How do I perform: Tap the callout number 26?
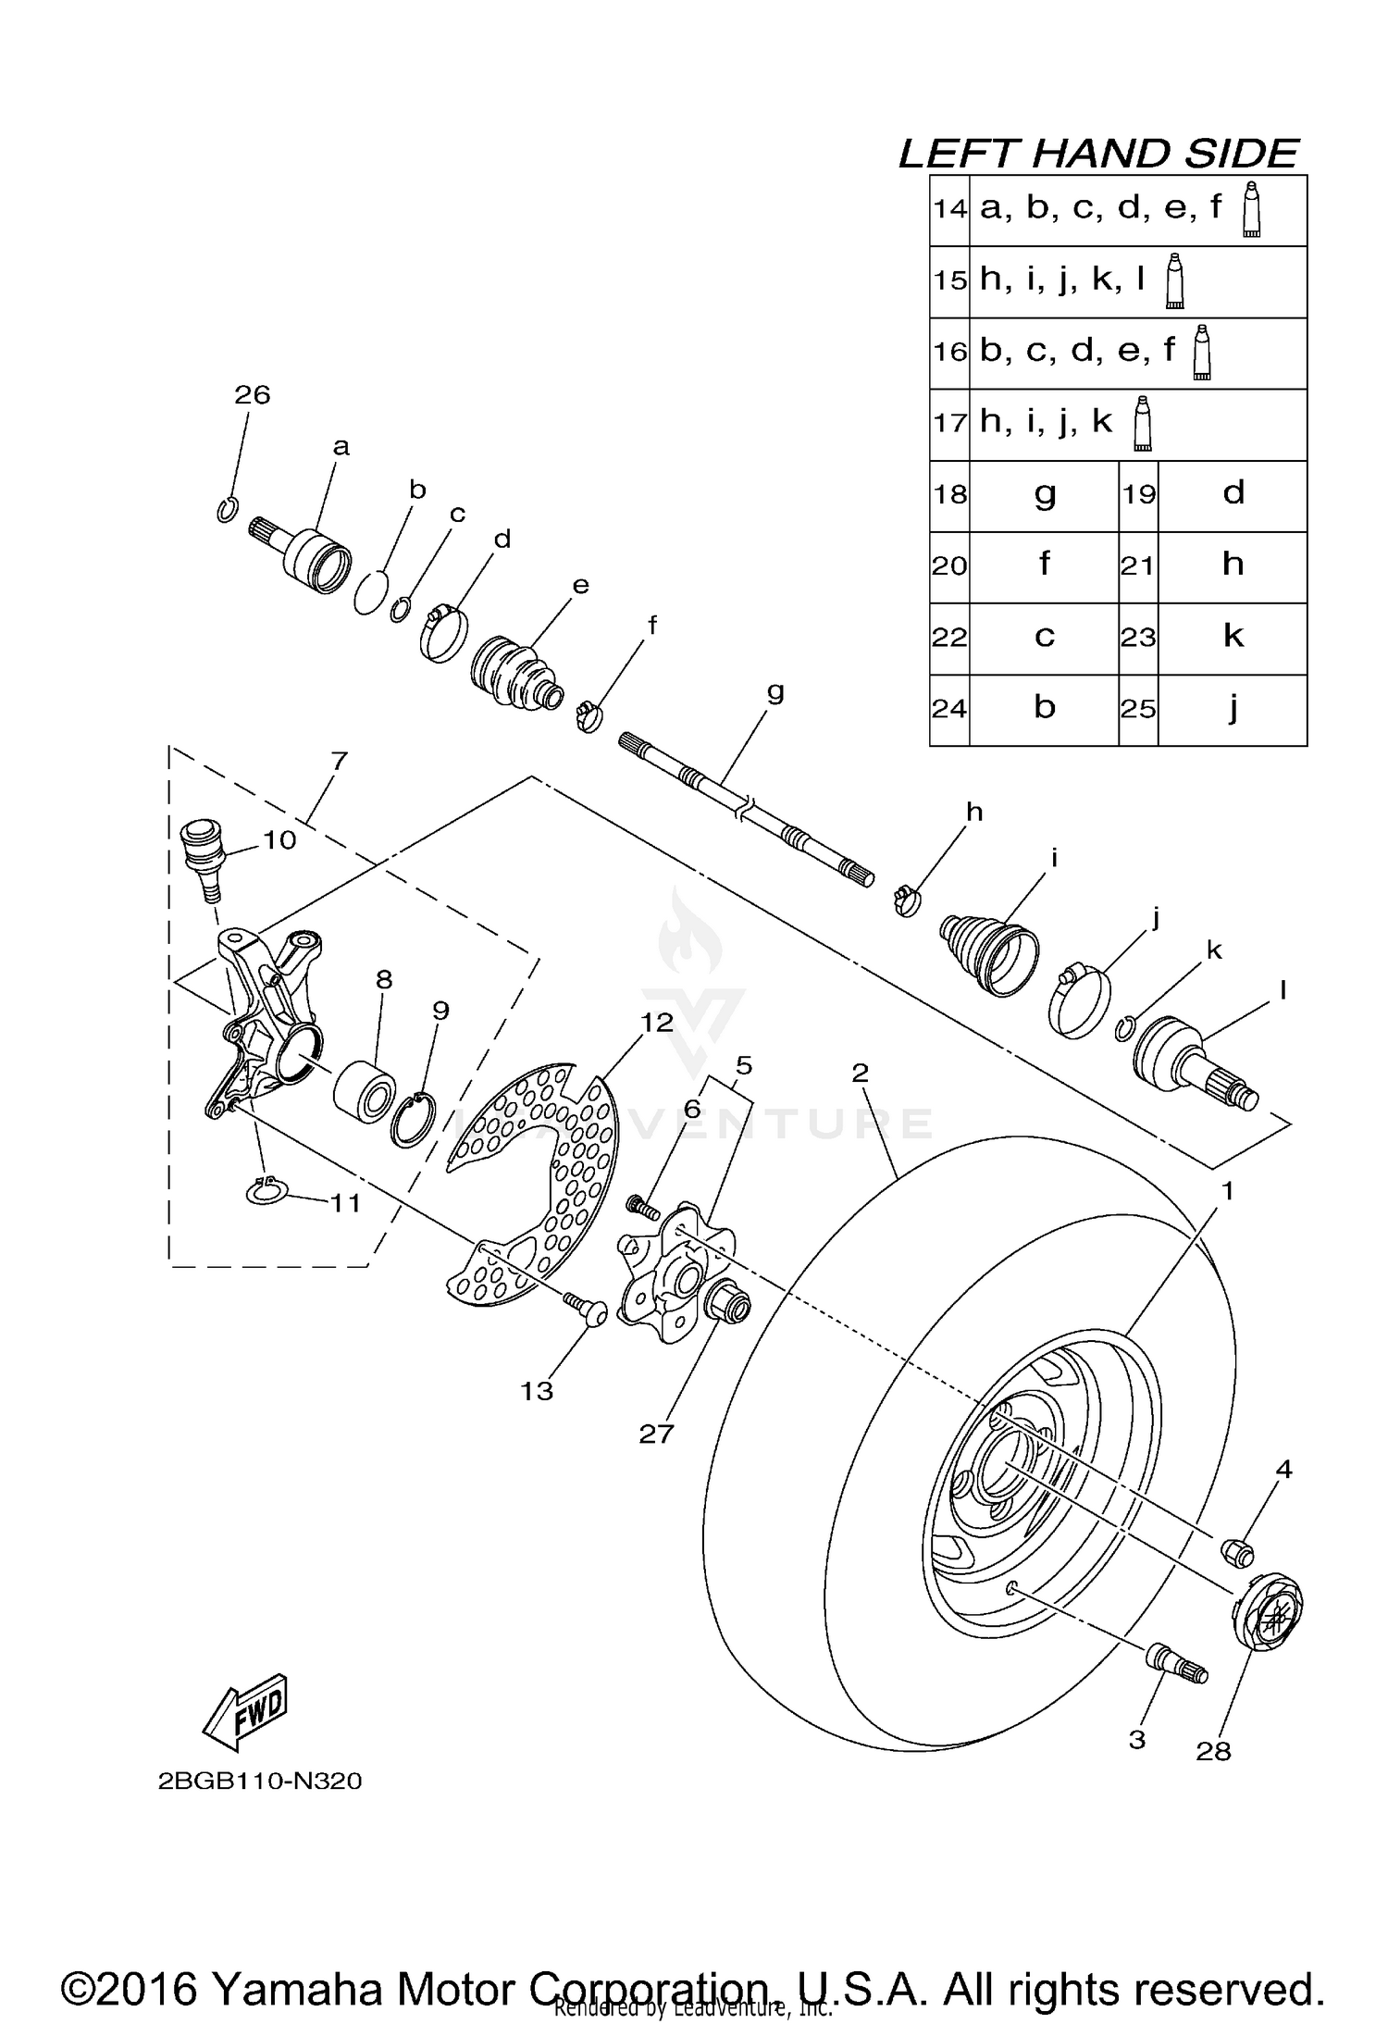click(252, 395)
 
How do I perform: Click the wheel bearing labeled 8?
click(366, 1092)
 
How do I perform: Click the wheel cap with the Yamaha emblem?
click(1269, 1613)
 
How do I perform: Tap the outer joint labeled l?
click(1194, 1064)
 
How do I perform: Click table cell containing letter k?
click(1233, 637)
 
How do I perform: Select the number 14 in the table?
click(949, 209)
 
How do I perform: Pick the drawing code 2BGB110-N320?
click(259, 1781)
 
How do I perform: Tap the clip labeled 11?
click(267, 1193)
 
